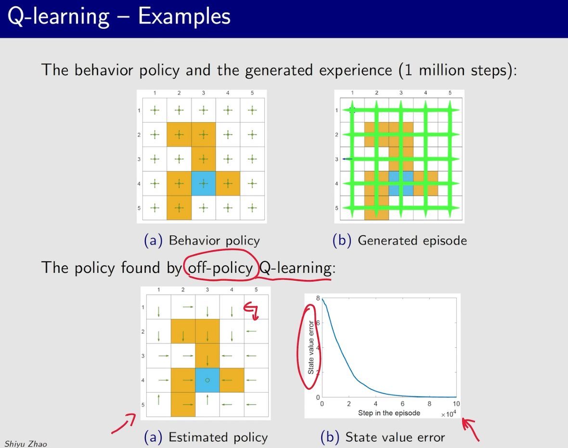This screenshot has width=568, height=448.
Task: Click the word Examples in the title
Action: coord(184,16)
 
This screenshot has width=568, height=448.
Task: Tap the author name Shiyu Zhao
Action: coord(26,444)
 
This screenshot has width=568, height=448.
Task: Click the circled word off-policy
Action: coord(220,268)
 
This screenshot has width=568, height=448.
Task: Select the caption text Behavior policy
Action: coord(215,240)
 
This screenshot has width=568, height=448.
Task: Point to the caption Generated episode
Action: coord(412,240)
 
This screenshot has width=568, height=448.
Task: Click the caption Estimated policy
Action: coord(218,437)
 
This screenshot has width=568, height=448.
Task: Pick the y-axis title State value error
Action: coord(311,347)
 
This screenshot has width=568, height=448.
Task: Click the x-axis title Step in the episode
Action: coord(389,413)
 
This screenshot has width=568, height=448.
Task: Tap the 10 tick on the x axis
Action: coord(456,404)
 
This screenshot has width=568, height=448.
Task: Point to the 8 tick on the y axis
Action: coord(318,298)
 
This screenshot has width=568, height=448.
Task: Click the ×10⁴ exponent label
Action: coord(449,414)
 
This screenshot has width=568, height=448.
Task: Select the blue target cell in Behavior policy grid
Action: coord(204,184)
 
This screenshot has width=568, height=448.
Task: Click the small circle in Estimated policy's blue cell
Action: coord(207,380)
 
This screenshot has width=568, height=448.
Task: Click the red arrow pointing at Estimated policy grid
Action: coord(124,424)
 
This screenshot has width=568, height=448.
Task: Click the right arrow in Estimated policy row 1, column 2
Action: coord(188,307)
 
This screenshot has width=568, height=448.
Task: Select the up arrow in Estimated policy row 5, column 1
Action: coord(159,400)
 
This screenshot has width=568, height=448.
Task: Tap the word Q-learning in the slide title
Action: coord(58,17)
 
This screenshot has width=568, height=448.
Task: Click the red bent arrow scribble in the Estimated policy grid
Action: coord(251,311)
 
